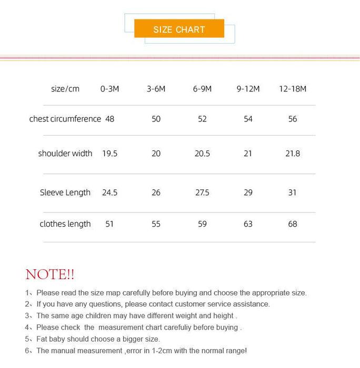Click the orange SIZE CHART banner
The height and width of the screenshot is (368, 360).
[x=179, y=29]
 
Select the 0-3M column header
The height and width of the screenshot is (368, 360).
[x=109, y=89]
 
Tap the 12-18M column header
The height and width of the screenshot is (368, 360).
[x=293, y=89]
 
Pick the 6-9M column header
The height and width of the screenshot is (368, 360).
[x=202, y=89]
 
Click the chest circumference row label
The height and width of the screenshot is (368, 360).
[x=65, y=119]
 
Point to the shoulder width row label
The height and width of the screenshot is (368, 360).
[x=65, y=154]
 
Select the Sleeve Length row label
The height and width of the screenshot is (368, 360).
[x=65, y=192]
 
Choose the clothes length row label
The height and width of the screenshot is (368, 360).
[x=65, y=224]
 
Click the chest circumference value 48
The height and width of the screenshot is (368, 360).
[x=109, y=119]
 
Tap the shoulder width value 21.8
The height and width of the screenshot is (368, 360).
[x=293, y=154]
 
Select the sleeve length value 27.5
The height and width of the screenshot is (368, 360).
[x=202, y=192]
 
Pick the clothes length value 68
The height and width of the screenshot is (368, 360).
[x=293, y=224]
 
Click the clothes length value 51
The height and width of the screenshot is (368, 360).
[x=109, y=224]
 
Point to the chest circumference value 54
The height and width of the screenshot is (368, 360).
[x=248, y=119]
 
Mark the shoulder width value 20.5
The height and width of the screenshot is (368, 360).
[x=202, y=154]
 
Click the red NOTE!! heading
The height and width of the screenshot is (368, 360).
[x=50, y=274]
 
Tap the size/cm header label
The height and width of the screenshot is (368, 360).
[x=65, y=89]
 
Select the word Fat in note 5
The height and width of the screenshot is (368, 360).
[x=43, y=339]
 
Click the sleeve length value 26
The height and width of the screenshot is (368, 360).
[x=156, y=192]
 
